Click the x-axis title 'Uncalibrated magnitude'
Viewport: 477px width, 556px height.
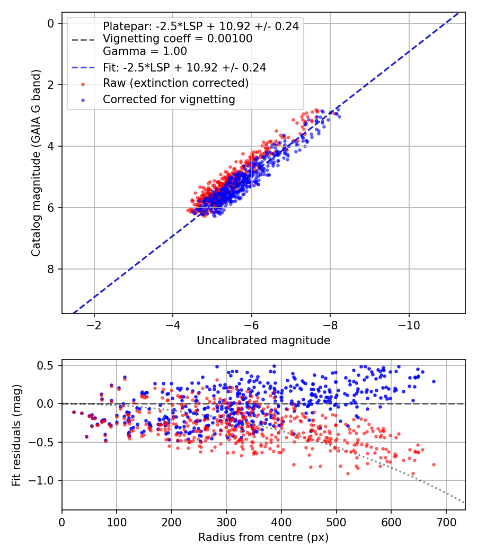(263, 340)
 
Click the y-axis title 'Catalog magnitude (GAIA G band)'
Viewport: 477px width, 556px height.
(36, 163)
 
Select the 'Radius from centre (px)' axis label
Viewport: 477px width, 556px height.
(263, 537)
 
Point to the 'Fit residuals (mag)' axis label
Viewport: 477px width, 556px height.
(16, 435)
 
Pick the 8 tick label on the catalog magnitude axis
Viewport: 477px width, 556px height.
(50, 269)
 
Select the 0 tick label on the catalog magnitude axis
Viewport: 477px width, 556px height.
(50, 23)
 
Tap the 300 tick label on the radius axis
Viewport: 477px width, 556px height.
(226, 522)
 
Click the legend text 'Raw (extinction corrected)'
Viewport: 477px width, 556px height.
(175, 83)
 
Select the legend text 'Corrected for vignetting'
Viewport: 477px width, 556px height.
(169, 100)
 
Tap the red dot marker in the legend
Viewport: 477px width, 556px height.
(83, 84)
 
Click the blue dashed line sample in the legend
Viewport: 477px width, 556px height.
(83, 67)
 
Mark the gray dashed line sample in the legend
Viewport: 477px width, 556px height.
(83, 39)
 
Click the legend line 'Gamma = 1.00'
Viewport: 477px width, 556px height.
(145, 51)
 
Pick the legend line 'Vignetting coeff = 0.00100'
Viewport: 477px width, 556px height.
(178, 39)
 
